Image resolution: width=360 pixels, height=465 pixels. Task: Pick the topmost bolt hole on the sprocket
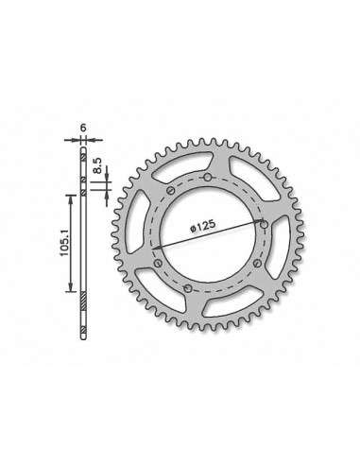(x=207, y=177)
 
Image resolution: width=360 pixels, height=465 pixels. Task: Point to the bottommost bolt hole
(x=188, y=287)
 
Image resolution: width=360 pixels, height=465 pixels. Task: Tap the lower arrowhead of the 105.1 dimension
(x=70, y=291)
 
